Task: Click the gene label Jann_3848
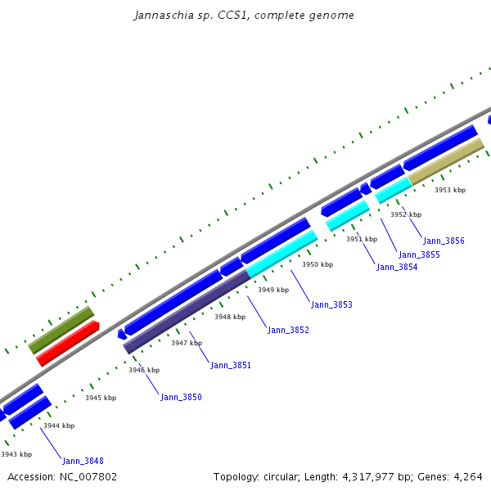coord(83,461)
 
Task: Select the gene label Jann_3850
coord(181,397)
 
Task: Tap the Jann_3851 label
coord(231,365)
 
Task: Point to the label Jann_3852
coord(288,330)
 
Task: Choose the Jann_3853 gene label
coord(331,304)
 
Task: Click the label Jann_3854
coord(397,267)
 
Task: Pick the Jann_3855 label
coord(419,255)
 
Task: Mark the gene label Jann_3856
coord(444,241)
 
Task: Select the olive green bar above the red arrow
coord(61,330)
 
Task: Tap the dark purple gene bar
coord(187,312)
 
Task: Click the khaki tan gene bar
coord(446,161)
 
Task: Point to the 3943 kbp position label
coord(16,454)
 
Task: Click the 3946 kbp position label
coord(143,370)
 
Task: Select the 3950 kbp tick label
coord(318,264)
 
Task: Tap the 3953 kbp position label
coord(449,190)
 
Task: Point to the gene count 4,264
coord(466,476)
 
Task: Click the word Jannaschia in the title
coord(161,16)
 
